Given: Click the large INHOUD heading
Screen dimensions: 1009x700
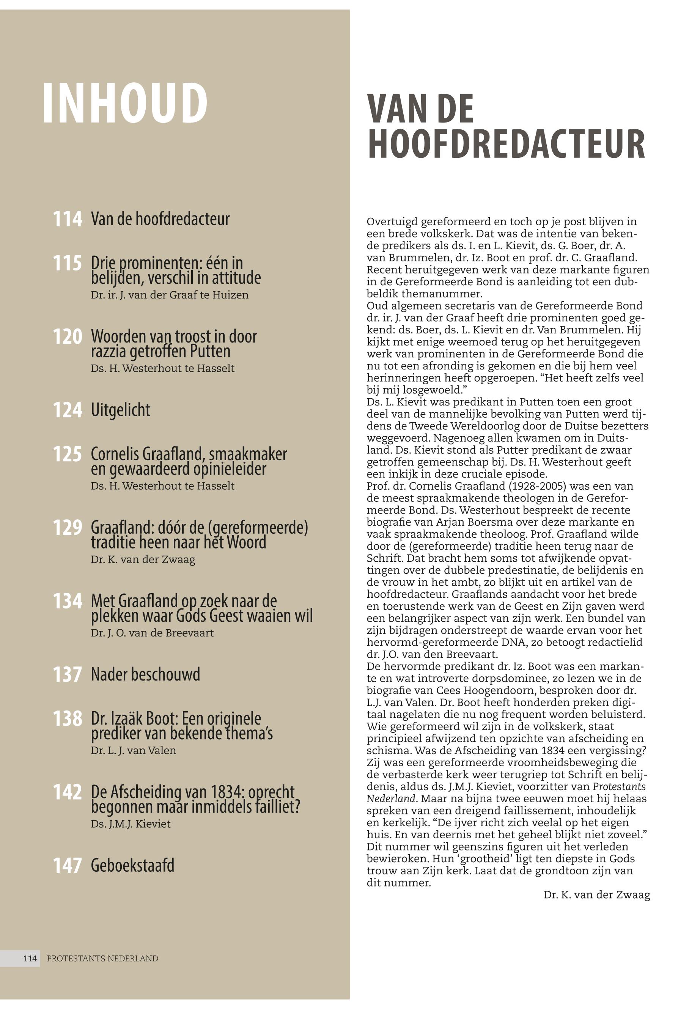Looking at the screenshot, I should (x=124, y=104).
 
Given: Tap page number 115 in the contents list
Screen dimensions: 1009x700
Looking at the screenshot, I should (x=68, y=264).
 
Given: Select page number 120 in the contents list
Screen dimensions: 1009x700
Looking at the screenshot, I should (x=68, y=337).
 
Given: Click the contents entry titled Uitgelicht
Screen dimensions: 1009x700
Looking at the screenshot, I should (x=120, y=410).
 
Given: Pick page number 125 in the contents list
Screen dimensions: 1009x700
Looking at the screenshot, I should (x=68, y=454).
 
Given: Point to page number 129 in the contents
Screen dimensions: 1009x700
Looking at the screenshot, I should (x=68, y=528).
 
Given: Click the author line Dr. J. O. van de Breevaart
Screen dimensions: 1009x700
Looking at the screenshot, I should (x=152, y=633).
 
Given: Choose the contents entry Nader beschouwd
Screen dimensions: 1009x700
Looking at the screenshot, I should (x=145, y=674).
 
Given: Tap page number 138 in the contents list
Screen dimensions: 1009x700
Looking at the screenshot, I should (x=68, y=719).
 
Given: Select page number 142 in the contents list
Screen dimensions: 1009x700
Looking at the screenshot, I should (x=68, y=792).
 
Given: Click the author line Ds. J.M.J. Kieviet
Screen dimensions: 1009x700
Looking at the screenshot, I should (x=131, y=824).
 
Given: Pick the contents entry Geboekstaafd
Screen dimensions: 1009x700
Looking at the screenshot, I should (x=132, y=866).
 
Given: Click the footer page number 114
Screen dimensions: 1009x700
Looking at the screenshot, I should (x=30, y=959).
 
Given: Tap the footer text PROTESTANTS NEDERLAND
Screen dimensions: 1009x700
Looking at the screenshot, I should (x=103, y=959).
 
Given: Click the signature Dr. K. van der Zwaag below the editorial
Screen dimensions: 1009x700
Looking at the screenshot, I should (x=596, y=895).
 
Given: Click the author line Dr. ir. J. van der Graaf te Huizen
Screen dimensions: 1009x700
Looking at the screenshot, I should (x=170, y=295).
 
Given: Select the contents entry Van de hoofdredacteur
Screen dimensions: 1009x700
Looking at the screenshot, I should (x=160, y=219).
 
